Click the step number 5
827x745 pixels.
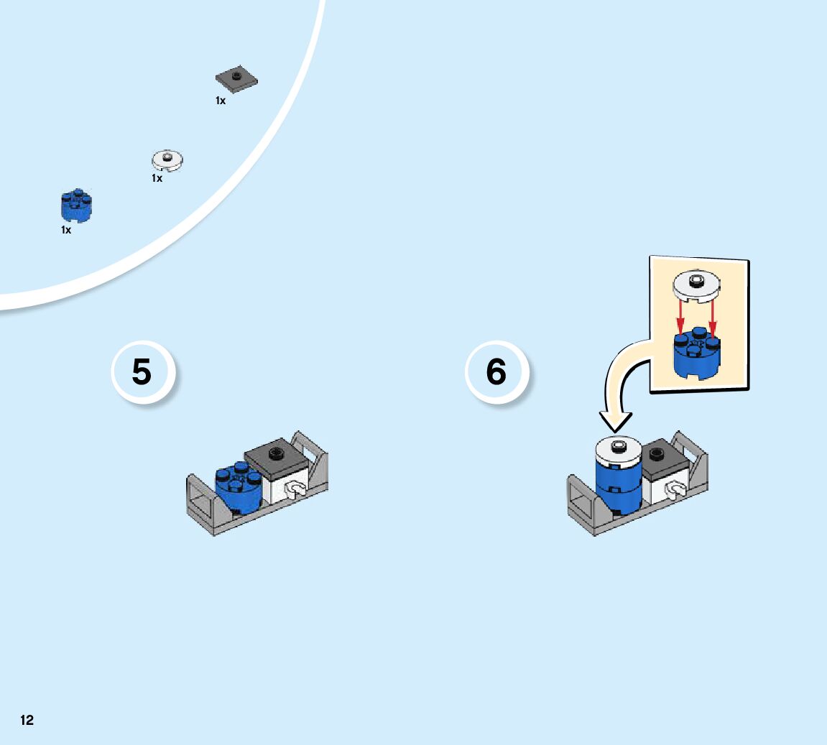coord(142,372)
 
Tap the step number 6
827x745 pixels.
coord(496,372)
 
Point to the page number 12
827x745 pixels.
coord(27,721)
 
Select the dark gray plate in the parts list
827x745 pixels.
coord(236,79)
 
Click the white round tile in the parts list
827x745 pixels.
coord(167,159)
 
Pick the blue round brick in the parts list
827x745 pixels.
coord(76,205)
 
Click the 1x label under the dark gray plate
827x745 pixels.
coord(221,101)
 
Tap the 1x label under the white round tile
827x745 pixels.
coord(157,178)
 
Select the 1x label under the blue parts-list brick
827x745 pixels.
coord(66,231)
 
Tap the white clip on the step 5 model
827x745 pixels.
coord(295,490)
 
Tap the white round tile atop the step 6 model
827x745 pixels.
coord(619,447)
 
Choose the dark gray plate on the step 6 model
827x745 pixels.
coord(655,458)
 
